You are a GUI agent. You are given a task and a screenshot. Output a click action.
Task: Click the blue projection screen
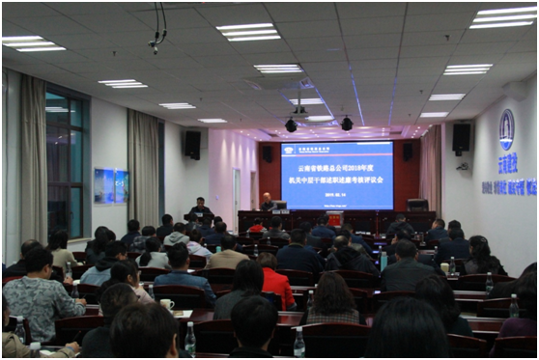(337, 174)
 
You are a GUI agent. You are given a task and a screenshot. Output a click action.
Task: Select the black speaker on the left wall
(192, 144)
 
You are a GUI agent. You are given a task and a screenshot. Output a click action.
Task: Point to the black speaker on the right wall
(461, 138)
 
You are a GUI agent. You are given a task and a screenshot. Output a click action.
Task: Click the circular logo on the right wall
(506, 129)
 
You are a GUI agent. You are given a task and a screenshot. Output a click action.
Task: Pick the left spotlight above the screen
(291, 125)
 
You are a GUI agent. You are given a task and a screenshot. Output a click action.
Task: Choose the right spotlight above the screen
(346, 123)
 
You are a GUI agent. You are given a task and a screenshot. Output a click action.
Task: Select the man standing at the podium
(200, 208)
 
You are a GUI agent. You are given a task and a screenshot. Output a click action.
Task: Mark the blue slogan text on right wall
(510, 186)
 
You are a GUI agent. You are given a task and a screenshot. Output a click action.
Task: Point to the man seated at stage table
(268, 203)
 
